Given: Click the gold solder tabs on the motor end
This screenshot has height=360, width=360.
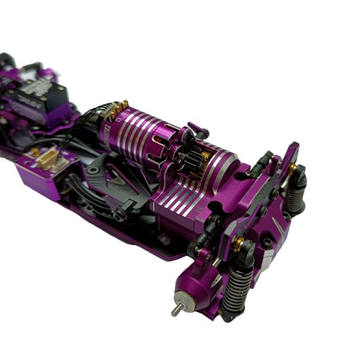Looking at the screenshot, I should (119, 105).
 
